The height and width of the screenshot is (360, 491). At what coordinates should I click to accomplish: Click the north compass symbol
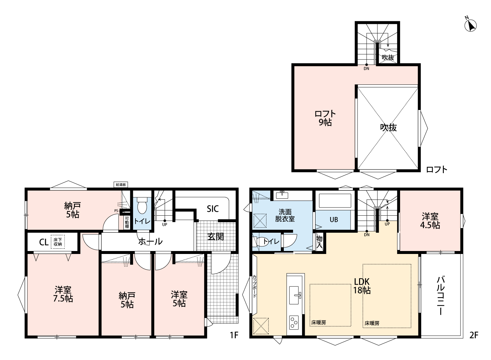click(470, 26)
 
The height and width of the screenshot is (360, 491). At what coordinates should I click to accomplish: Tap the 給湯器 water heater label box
click(121, 185)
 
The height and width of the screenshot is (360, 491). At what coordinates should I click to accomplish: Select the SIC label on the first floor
click(213, 208)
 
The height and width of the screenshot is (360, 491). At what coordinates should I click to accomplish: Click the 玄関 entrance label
click(216, 236)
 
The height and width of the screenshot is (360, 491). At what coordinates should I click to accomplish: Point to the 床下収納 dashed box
click(58, 242)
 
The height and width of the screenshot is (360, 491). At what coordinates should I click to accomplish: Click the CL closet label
click(44, 242)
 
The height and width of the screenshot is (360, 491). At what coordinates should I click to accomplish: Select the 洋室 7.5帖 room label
click(63, 294)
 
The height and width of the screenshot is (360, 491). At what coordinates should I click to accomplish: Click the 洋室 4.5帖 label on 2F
click(430, 221)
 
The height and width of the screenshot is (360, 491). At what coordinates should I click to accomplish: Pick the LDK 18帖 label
click(362, 286)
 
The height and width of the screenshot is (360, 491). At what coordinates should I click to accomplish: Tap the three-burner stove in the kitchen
click(294, 322)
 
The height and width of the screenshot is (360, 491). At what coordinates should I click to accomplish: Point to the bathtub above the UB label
click(335, 201)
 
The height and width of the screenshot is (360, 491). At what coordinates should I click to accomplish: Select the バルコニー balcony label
click(441, 296)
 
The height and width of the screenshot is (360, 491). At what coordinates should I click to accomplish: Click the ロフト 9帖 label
click(325, 118)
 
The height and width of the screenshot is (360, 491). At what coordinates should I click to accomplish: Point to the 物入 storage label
click(319, 242)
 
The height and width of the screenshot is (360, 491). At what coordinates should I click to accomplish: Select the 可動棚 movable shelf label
click(127, 223)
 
